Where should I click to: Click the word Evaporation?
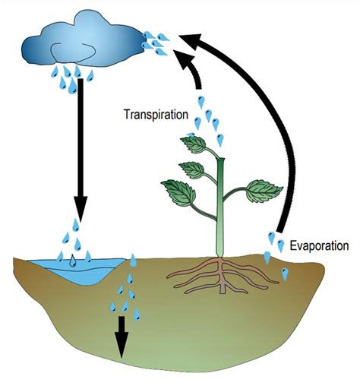(319, 245)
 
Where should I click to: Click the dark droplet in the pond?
(71, 261)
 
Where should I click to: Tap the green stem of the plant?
(220, 205)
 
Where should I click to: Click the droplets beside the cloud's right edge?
(158, 42)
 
